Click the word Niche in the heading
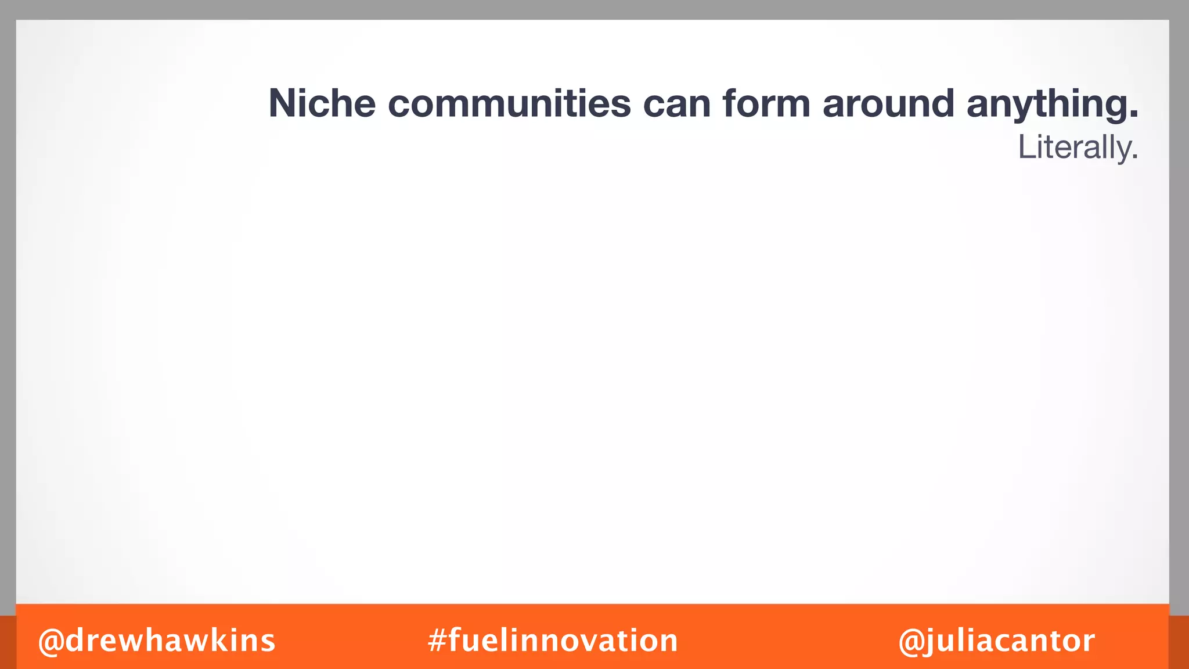tap(322, 103)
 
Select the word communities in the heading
tap(509, 103)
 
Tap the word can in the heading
tap(676, 105)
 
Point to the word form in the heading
tap(766, 103)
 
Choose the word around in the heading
tap(888, 103)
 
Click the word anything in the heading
tap(1045, 105)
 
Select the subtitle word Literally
tap(1078, 148)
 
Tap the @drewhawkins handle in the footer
tap(157, 641)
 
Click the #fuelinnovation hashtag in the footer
tap(553, 641)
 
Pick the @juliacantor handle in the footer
tap(996, 641)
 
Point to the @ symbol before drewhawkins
tap(51, 641)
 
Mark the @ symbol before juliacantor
tap(911, 641)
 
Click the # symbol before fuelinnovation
tap(437, 641)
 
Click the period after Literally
tap(1134, 158)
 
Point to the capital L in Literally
tap(1026, 148)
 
